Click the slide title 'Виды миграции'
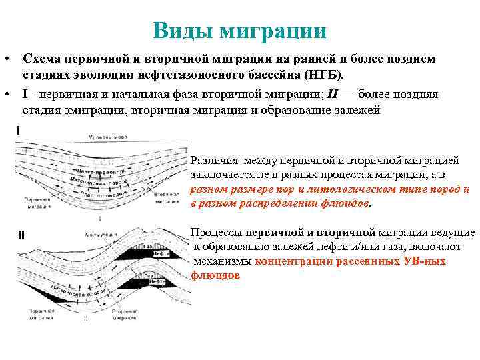pos(239,30)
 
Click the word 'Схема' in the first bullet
pos(42,59)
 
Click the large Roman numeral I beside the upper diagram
pos(19,131)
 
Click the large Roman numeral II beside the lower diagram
pos(21,235)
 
